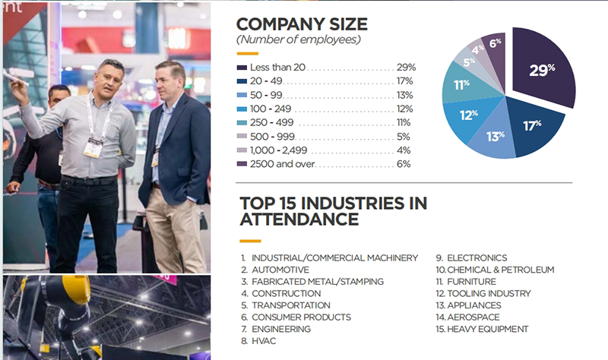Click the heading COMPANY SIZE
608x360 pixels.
302,24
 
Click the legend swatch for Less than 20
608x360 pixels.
242,68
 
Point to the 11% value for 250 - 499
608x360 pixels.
404,122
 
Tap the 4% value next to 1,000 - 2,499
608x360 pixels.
405,150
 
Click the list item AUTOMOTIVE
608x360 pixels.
280,270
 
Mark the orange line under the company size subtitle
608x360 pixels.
248,53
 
